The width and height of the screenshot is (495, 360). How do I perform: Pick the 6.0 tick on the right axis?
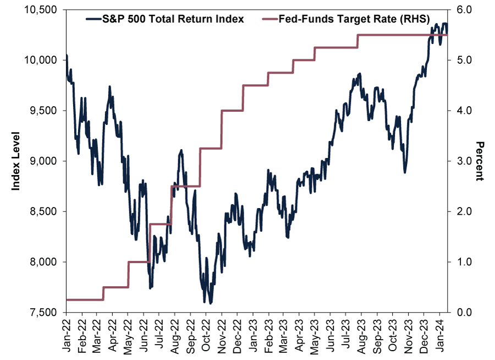pos(465,10)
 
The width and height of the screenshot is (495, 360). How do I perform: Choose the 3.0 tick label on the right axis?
pos(465,161)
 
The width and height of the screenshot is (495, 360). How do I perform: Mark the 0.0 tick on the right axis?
pos(465,313)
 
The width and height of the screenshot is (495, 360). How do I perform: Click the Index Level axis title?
pos(16,161)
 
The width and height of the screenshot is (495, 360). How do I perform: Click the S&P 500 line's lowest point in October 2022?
pos(211,303)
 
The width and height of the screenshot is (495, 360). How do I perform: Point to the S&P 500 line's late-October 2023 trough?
pos(405,172)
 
